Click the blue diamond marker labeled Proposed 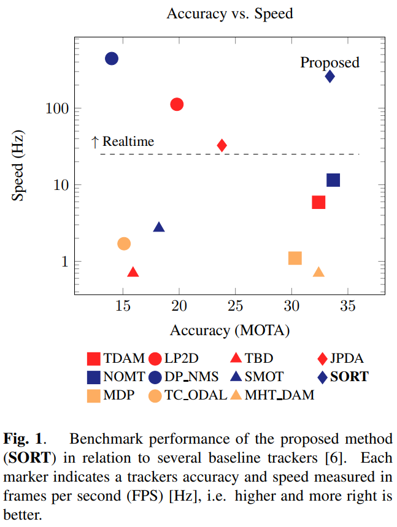point(330,77)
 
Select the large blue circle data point point(112,58)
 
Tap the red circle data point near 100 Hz point(177,105)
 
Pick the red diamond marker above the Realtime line point(222,145)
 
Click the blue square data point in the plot point(333,180)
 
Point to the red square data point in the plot point(318,202)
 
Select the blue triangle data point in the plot point(159,227)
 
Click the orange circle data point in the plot point(124,244)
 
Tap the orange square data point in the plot point(295,258)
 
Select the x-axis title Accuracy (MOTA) point(229,331)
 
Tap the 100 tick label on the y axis point(55,108)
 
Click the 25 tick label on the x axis point(235,306)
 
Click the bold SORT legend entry point(349,376)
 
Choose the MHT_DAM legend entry point(280,395)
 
